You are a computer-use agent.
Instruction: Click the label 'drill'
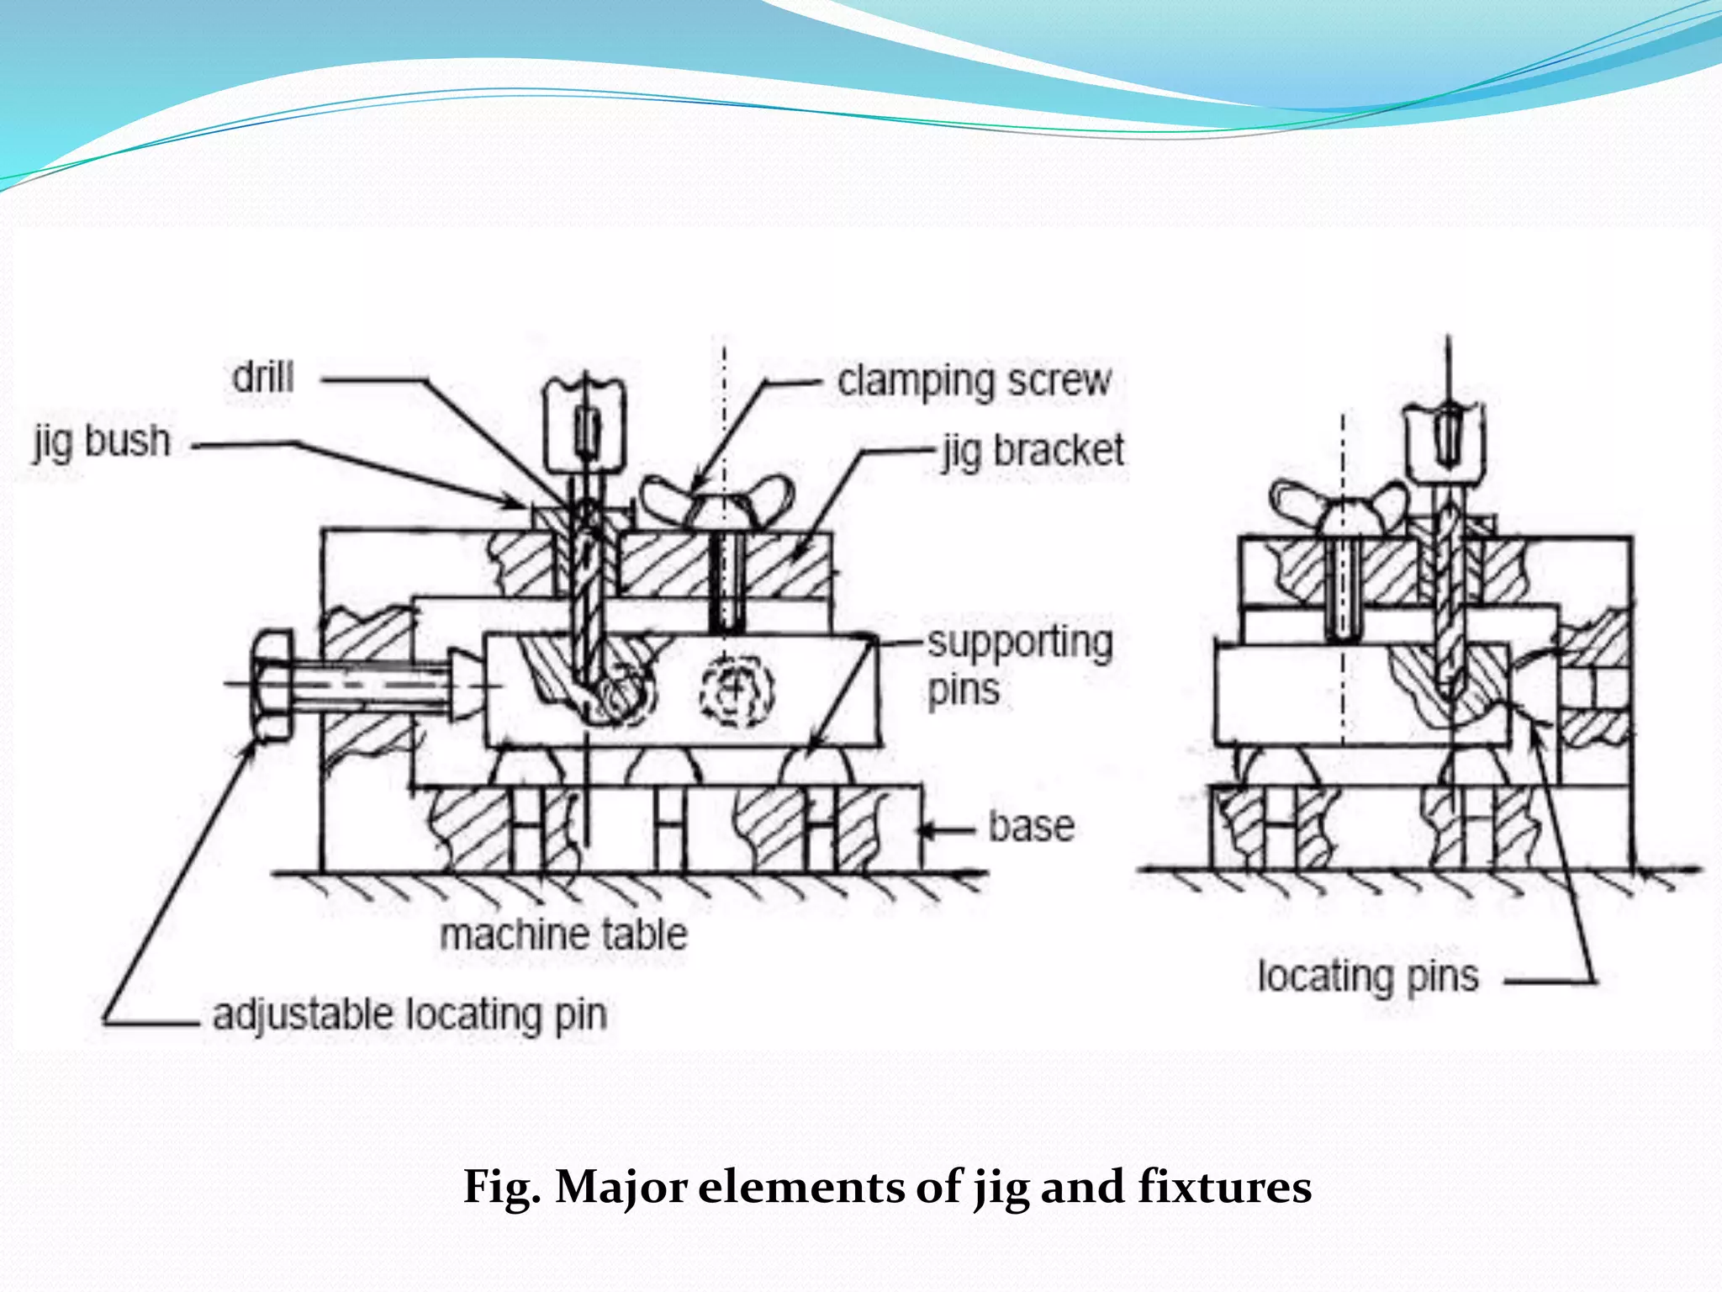(263, 377)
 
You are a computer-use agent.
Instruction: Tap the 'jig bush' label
(102, 442)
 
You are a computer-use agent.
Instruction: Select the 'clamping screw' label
(974, 381)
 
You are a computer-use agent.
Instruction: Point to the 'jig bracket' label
(1033, 450)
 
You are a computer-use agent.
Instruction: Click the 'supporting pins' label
(1019, 665)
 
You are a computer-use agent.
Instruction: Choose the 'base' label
(1031, 826)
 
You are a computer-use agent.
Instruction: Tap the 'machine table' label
(563, 935)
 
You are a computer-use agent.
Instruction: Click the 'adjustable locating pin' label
(409, 1014)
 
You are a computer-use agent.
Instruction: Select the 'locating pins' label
(1368, 977)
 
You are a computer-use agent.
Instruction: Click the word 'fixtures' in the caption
(1224, 1187)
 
